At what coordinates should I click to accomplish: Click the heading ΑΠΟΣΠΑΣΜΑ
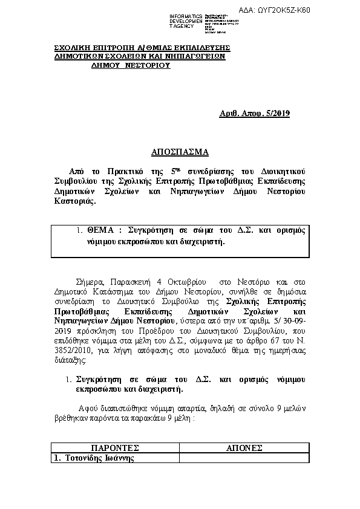179,152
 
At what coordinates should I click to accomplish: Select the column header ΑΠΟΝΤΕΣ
243,448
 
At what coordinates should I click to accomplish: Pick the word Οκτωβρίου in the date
183,282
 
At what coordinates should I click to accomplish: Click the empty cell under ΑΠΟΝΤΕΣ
243,458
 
